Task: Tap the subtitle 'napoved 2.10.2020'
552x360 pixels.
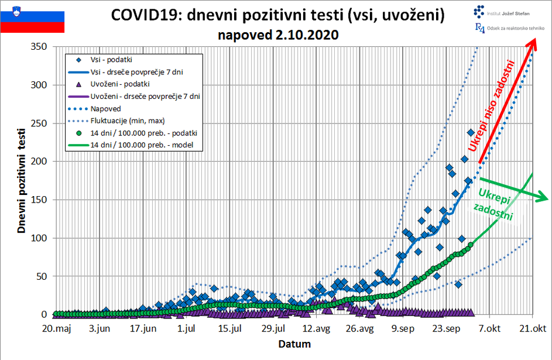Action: pos(278,35)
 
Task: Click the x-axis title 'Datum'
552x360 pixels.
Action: pos(294,344)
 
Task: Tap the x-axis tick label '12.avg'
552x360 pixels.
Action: pos(316,328)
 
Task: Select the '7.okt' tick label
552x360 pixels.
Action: pos(489,328)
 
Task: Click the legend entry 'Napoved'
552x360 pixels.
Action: pos(105,108)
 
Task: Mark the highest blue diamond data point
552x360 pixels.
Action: pos(471,133)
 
